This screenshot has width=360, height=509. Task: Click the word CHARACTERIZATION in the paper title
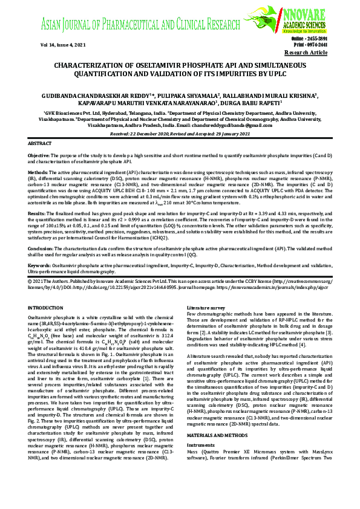pyautogui.click(x=91, y=65)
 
